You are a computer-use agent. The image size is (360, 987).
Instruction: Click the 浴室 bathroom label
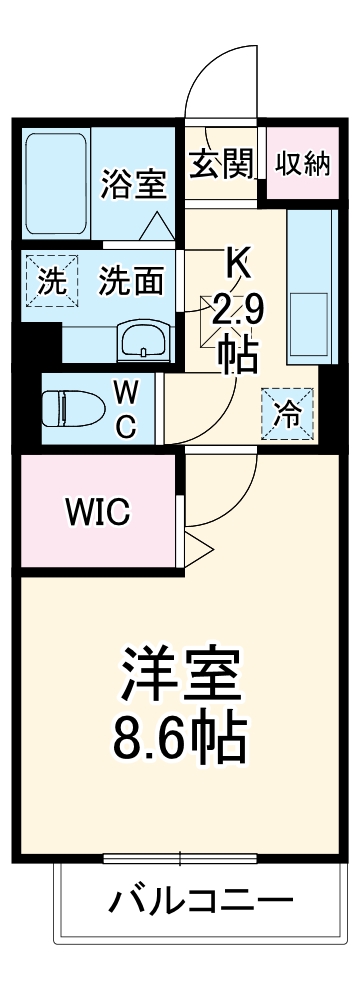[134, 184]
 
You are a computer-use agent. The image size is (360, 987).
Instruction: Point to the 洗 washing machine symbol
[50, 282]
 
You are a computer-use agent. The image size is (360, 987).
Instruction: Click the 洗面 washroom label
[130, 282]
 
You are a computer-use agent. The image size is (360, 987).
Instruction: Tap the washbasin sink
[143, 343]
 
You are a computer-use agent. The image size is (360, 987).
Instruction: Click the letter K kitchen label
[237, 265]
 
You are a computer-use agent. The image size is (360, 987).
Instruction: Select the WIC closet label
[97, 514]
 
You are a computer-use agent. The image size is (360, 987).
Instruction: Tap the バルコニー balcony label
[201, 903]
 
